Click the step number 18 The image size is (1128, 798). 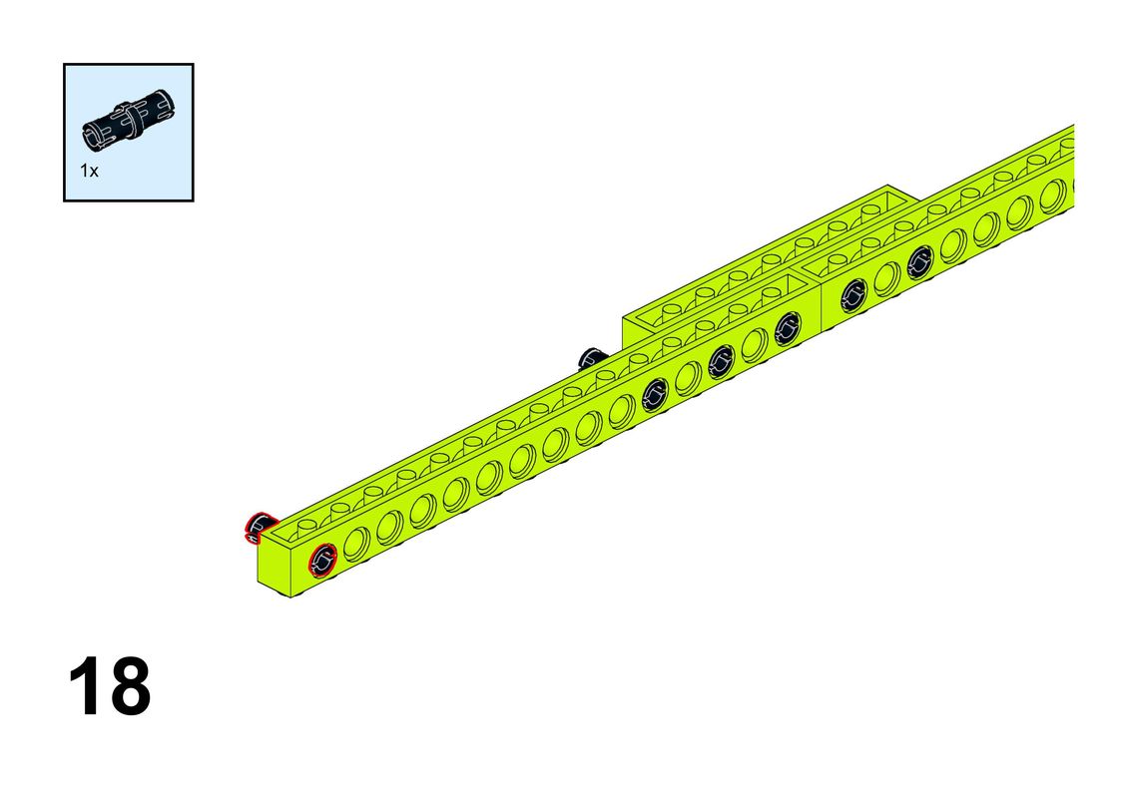(x=110, y=685)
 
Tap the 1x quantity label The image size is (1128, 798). (x=89, y=171)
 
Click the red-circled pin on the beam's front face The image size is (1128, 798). (x=322, y=560)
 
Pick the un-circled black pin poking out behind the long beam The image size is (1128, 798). (x=591, y=357)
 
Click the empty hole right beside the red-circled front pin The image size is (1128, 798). (x=356, y=543)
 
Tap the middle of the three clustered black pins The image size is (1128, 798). (x=721, y=361)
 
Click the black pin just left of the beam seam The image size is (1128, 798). (x=787, y=328)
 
